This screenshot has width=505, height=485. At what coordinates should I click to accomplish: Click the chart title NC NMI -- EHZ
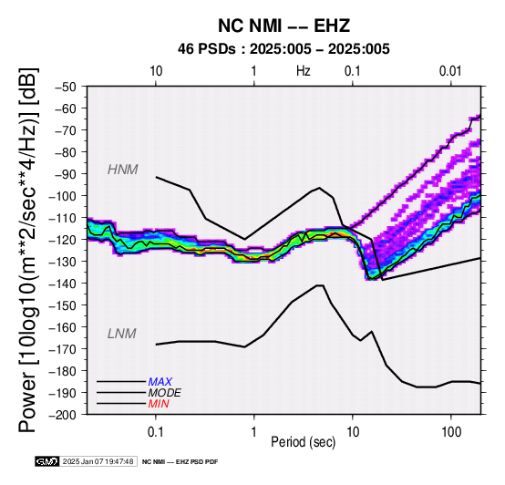(283, 26)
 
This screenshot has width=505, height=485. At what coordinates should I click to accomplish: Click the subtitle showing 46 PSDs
(283, 49)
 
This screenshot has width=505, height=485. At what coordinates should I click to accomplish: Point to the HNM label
(123, 170)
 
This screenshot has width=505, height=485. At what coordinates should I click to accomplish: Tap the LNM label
(122, 334)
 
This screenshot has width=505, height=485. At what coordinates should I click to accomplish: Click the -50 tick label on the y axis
(66, 87)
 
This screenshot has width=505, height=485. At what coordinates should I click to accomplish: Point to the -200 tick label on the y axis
(63, 415)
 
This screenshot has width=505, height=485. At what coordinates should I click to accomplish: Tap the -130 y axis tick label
(63, 262)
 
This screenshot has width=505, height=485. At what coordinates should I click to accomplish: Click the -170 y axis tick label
(63, 349)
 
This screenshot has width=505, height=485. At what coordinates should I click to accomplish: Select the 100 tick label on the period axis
(451, 432)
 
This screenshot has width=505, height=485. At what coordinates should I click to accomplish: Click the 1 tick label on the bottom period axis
(254, 432)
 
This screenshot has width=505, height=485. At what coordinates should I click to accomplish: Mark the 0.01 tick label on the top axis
(450, 71)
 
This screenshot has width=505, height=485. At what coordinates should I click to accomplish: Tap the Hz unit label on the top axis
(304, 71)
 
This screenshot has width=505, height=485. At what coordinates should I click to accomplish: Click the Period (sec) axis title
(304, 442)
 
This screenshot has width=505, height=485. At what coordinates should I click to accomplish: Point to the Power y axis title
(28, 250)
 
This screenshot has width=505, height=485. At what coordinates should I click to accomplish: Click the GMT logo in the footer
(47, 461)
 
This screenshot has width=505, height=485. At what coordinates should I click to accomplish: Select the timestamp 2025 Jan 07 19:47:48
(98, 461)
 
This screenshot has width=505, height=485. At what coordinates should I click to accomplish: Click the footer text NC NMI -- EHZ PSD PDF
(180, 462)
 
